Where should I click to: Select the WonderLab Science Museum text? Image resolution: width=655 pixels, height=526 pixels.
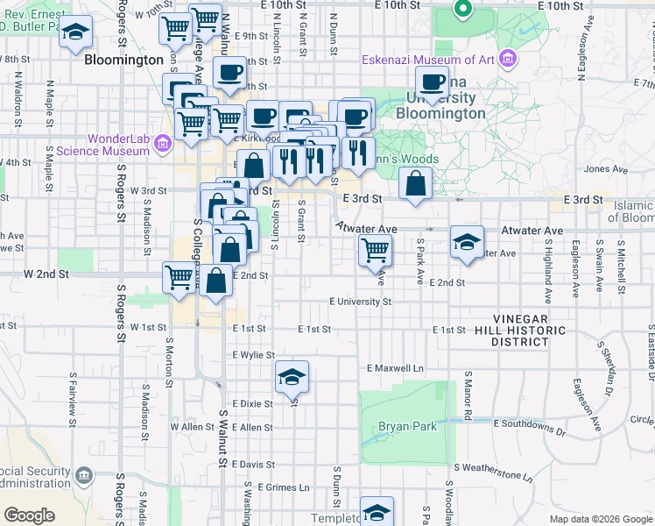[x=102, y=145]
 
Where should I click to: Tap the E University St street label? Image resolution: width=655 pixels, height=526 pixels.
[x=360, y=302]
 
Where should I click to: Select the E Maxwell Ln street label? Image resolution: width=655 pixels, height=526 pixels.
[x=395, y=368]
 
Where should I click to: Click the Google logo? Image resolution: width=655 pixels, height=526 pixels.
[x=29, y=515]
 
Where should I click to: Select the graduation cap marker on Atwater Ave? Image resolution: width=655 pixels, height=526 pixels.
[x=466, y=242]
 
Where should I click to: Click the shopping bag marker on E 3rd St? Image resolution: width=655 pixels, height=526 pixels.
[x=415, y=184]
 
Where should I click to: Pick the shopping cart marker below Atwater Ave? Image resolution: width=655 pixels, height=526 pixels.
[x=375, y=250]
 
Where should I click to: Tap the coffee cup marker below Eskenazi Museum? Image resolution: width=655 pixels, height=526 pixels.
[x=431, y=83]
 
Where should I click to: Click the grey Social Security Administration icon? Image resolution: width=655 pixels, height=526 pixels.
[x=84, y=476]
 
